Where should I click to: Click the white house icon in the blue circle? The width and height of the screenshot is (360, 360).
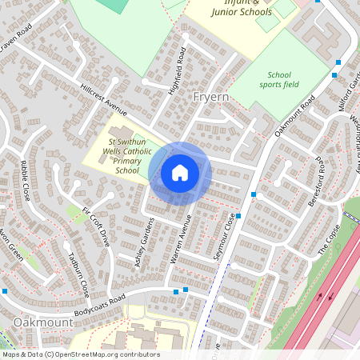coord(180,173)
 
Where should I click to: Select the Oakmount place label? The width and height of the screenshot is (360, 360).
coord(43,322)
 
